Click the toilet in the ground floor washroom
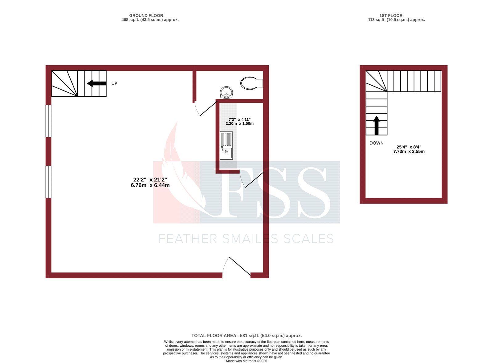click(x=251, y=83)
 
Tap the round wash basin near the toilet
click(x=226, y=93)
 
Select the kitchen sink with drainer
click(x=226, y=146)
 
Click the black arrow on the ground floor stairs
click(x=97, y=83)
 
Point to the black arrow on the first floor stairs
click(x=377, y=126)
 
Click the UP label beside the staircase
click(x=114, y=83)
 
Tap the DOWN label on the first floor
click(x=377, y=143)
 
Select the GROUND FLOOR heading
click(x=146, y=16)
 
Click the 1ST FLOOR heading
click(x=391, y=16)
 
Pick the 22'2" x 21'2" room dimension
click(x=150, y=179)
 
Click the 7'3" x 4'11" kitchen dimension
click(x=239, y=119)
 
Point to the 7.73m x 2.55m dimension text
click(x=409, y=151)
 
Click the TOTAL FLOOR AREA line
click(x=246, y=336)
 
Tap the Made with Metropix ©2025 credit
click(x=246, y=361)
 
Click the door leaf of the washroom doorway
click(x=209, y=108)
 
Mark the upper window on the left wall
click(x=48, y=121)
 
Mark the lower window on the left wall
click(x=48, y=182)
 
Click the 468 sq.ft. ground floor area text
click(x=150, y=20)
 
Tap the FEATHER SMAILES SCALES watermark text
click(x=246, y=239)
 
